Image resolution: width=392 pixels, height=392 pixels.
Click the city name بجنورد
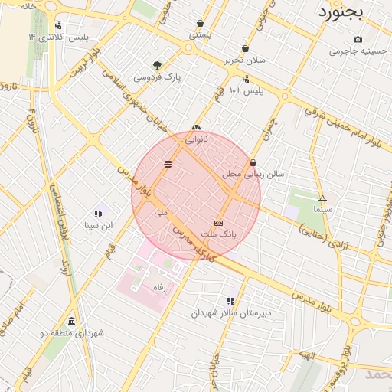point(343,13)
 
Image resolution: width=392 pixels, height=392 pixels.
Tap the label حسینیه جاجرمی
point(354,51)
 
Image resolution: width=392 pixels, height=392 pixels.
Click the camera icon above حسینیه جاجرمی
point(358,40)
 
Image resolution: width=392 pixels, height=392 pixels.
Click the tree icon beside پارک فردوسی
point(158,66)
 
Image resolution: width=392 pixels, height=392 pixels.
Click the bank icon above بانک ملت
point(218,222)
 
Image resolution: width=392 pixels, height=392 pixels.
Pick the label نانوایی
point(196,140)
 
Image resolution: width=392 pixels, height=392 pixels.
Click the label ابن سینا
point(98,225)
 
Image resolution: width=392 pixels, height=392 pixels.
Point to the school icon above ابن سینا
point(98,214)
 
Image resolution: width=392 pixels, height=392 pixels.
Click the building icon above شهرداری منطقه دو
point(71,321)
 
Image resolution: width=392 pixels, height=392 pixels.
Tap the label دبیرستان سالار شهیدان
point(230,313)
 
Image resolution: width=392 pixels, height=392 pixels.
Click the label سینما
point(322,208)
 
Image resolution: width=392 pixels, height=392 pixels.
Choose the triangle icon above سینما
point(322,198)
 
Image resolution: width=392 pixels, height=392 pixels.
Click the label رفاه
point(160,286)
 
